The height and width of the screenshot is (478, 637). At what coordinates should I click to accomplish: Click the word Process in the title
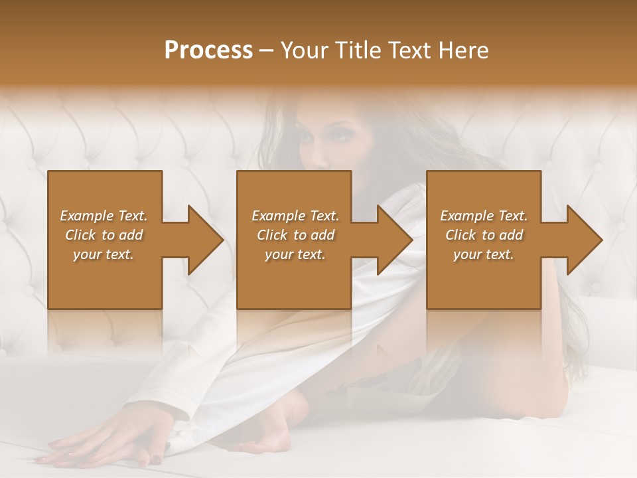click(208, 50)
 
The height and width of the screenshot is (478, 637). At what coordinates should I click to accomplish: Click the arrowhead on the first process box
click(205, 240)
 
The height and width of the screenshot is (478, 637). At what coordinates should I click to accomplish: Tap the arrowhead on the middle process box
click(394, 240)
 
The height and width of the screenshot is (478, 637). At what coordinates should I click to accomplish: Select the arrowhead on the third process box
click(584, 240)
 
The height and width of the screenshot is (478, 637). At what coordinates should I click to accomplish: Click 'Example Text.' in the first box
click(104, 216)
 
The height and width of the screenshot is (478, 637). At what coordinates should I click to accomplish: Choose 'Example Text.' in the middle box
click(295, 216)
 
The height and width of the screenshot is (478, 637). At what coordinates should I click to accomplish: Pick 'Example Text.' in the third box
click(484, 216)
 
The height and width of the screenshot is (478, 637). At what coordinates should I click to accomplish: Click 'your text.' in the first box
click(104, 254)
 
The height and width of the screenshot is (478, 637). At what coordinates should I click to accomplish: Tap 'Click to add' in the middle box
click(295, 235)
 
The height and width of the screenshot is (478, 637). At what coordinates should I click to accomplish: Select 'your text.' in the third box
click(484, 254)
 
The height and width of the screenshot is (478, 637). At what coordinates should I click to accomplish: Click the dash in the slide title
click(267, 50)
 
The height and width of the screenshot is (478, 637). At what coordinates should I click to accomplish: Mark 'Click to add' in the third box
click(484, 235)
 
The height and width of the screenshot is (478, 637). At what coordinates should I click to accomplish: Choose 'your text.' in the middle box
click(295, 254)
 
